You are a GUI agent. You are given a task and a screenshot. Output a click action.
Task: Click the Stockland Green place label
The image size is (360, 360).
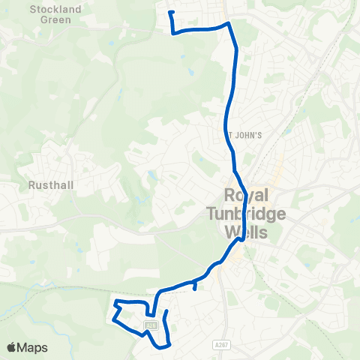(x=51, y=14)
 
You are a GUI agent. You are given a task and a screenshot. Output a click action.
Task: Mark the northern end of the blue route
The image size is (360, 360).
(x=171, y=12)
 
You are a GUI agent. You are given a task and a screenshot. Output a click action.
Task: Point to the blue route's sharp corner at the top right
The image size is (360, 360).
(x=229, y=23)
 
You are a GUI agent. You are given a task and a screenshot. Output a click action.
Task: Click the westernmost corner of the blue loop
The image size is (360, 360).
(x=113, y=319)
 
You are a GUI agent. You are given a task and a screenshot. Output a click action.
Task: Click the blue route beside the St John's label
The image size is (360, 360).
(x=228, y=135)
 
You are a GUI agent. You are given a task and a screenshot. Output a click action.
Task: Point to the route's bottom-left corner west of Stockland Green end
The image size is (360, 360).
(x=173, y=33)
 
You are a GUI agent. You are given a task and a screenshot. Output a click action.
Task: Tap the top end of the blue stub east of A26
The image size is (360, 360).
(x=165, y=310)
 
